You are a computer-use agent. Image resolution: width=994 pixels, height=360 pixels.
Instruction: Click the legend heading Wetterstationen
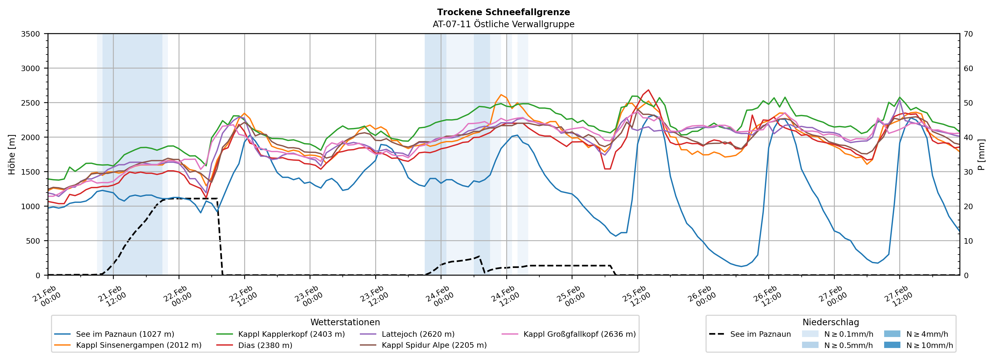pyautogui.click(x=345, y=322)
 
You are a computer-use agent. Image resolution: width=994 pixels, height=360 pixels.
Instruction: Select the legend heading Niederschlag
pyautogui.click(x=830, y=322)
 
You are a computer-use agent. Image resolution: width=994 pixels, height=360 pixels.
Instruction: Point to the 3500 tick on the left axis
pyautogui.click(x=31, y=34)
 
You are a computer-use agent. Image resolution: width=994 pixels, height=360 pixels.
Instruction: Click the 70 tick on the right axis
pyautogui.click(x=968, y=34)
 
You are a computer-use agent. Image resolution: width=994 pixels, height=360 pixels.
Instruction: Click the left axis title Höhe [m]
pyautogui.click(x=12, y=154)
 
